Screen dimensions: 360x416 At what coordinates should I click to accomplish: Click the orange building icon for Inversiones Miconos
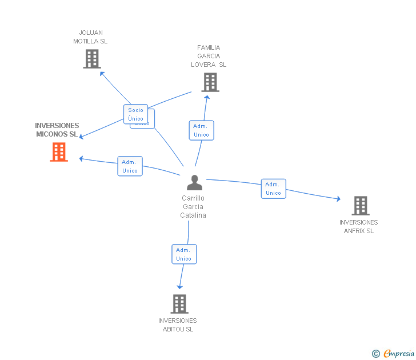(x=59, y=152)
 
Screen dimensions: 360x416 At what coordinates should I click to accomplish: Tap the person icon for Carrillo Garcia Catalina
(x=194, y=183)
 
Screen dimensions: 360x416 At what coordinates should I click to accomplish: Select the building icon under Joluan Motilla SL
(x=91, y=58)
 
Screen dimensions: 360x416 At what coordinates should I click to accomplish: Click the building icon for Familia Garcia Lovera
(x=210, y=82)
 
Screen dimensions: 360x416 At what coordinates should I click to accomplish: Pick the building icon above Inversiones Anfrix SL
(x=360, y=205)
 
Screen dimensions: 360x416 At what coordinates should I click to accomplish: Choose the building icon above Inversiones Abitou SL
(x=179, y=303)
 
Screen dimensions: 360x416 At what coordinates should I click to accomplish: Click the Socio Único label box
(x=135, y=114)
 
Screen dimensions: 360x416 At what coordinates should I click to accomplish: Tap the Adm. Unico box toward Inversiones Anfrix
(x=273, y=189)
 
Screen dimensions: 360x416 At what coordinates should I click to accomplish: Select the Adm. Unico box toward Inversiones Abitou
(x=183, y=254)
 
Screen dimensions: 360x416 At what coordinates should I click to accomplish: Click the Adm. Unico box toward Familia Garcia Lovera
(x=201, y=130)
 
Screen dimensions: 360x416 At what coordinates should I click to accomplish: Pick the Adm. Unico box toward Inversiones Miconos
(x=130, y=166)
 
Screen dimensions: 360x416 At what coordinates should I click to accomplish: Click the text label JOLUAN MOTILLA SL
(x=90, y=37)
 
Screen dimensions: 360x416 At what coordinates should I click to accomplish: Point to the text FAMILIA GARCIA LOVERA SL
(x=209, y=56)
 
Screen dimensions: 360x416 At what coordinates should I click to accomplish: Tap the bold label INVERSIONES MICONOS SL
(x=57, y=130)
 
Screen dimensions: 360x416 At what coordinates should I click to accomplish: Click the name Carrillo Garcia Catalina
(x=193, y=207)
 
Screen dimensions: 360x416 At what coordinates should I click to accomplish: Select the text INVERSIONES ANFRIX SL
(x=359, y=226)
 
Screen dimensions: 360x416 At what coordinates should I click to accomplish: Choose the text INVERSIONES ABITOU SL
(x=178, y=325)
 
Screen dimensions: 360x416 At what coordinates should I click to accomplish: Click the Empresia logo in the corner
(x=394, y=353)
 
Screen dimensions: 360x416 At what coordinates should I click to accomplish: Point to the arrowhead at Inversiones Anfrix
(x=338, y=199)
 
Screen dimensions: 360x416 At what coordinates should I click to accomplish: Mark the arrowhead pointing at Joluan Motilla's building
(x=102, y=73)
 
